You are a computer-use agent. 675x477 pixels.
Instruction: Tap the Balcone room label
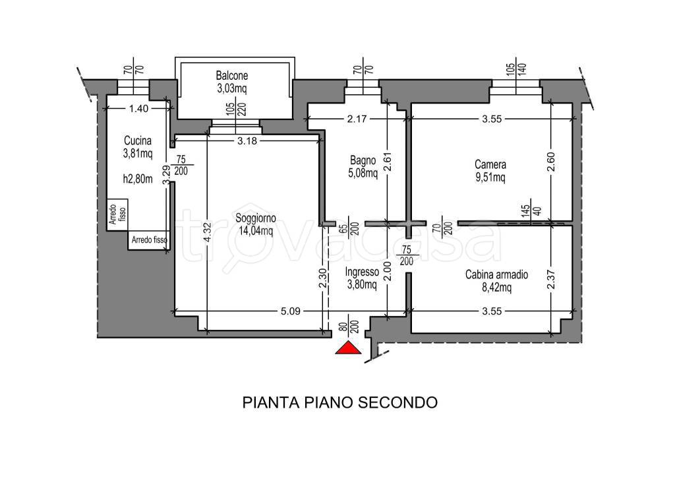click(x=231, y=75)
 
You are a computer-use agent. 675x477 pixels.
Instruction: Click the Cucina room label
click(x=137, y=141)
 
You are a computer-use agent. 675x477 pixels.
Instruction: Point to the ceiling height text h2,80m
click(x=137, y=177)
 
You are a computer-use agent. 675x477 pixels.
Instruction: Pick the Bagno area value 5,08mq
click(x=363, y=174)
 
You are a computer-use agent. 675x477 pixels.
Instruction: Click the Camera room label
click(x=490, y=164)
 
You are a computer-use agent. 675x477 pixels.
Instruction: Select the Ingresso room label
click(x=361, y=272)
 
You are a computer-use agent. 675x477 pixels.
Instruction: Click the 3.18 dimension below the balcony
click(x=247, y=141)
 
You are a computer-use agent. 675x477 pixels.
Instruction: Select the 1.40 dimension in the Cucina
click(x=139, y=110)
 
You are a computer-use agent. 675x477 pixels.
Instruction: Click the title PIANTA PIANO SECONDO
click(x=339, y=402)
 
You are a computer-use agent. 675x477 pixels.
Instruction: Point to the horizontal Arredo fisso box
click(x=150, y=239)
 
